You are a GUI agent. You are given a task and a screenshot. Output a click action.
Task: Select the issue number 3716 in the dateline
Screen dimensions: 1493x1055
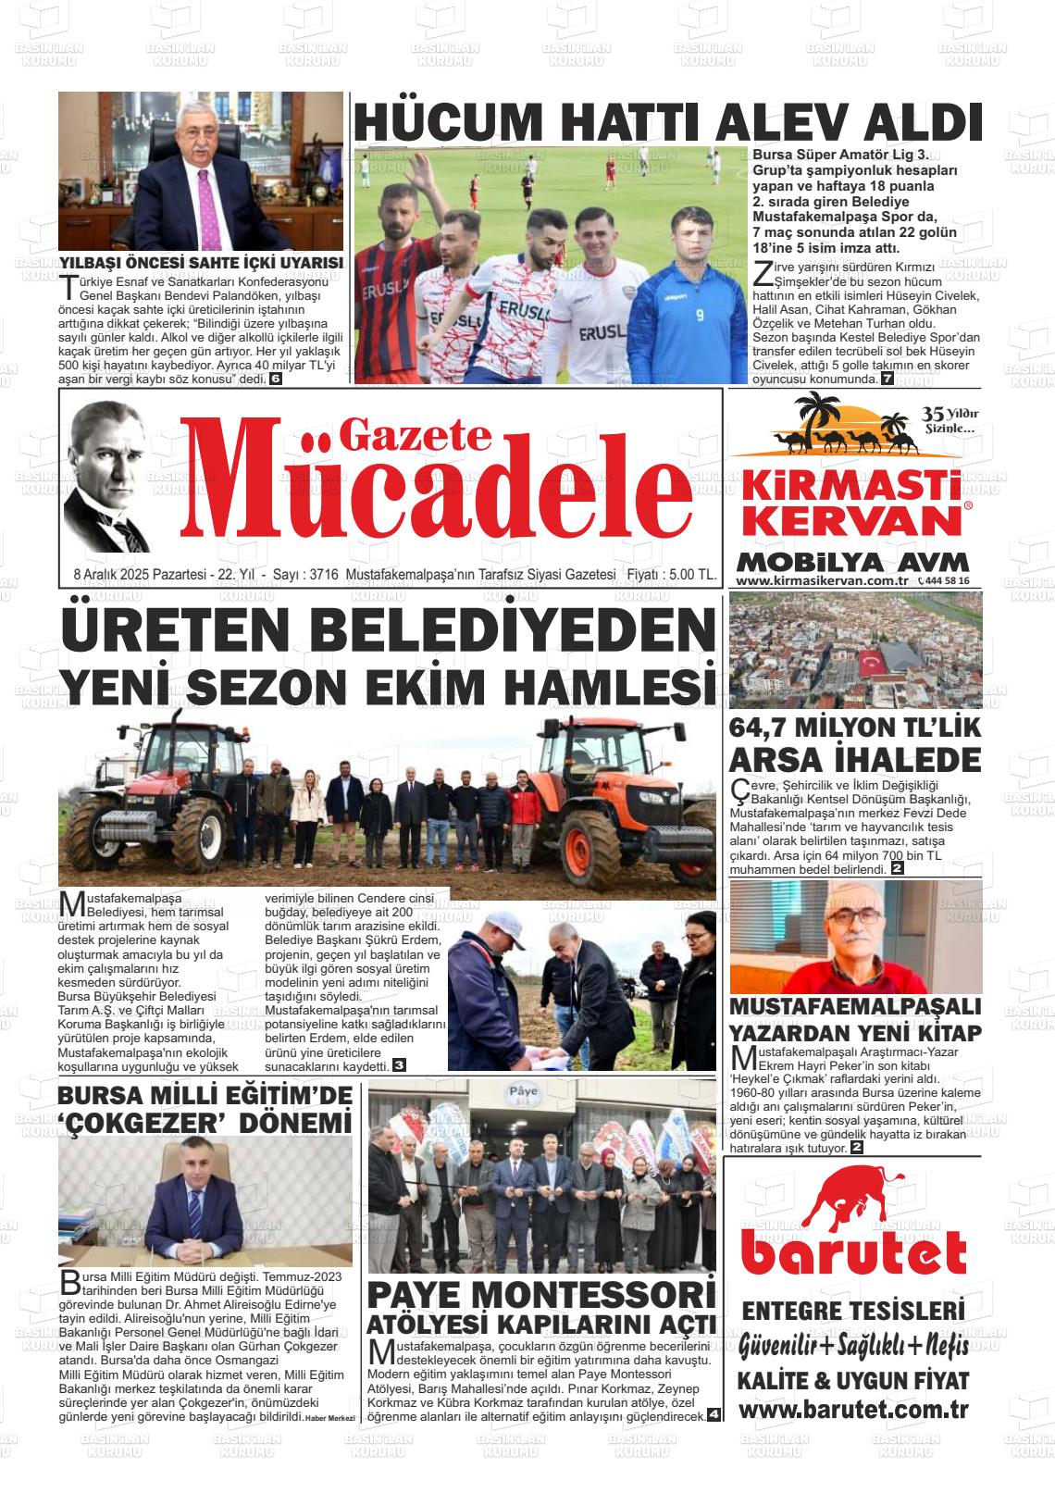pos(322,575)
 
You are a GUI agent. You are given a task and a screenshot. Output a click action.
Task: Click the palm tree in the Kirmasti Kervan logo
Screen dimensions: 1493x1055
pos(819,418)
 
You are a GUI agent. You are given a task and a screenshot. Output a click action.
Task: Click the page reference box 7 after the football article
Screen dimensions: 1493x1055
pos(887,379)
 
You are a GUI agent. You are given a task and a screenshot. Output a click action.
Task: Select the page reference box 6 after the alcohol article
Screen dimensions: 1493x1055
pos(276,379)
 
